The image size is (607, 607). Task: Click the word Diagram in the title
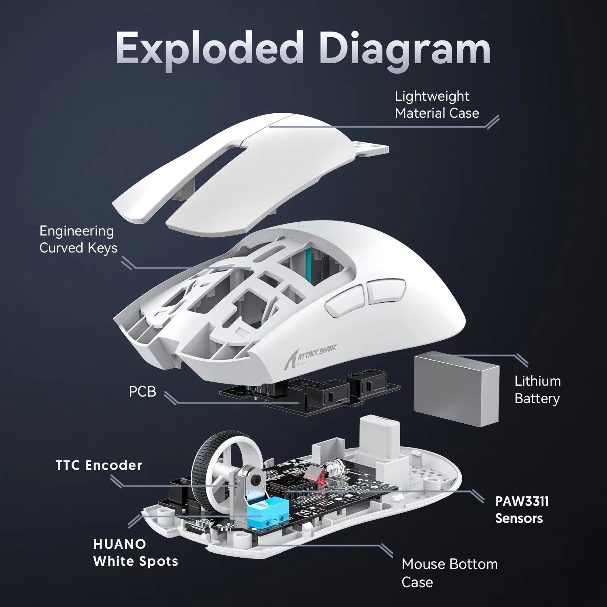point(404,50)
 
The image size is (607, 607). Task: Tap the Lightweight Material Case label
point(436,105)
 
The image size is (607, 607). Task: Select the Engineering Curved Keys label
point(78,240)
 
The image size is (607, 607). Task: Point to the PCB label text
point(142,392)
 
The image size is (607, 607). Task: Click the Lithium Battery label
point(537,390)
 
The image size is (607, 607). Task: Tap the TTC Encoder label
point(99,465)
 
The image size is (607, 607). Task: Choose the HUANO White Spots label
point(135,553)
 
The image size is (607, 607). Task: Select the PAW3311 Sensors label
point(522,510)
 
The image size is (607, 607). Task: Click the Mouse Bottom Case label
point(449,573)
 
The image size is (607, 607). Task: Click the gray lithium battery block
point(456,388)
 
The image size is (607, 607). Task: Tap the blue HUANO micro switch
point(262,514)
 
